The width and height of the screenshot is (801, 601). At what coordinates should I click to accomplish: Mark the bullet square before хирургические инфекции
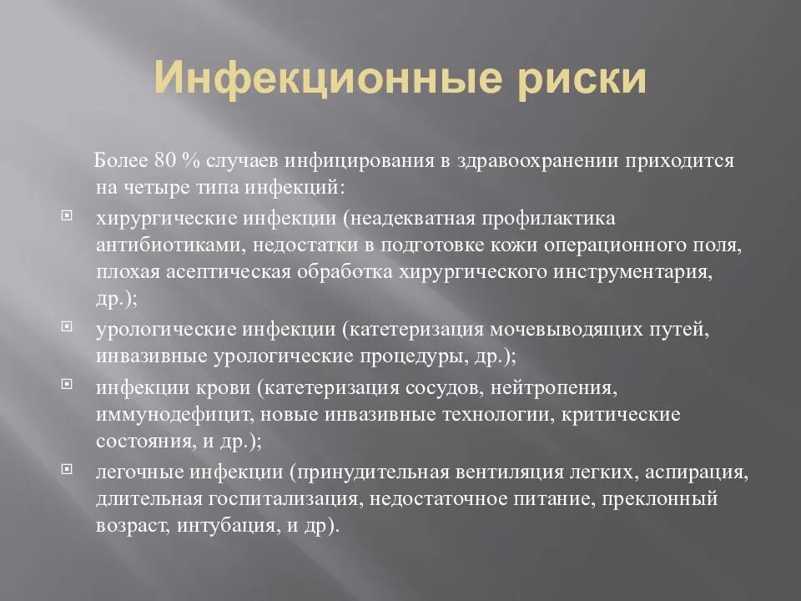68,216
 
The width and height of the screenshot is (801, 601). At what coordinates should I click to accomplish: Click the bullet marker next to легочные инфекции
68,470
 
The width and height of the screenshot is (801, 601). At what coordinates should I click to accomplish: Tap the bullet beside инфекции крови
68,386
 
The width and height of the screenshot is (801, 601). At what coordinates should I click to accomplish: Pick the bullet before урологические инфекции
68,326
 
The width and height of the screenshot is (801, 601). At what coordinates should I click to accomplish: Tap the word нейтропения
566,388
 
